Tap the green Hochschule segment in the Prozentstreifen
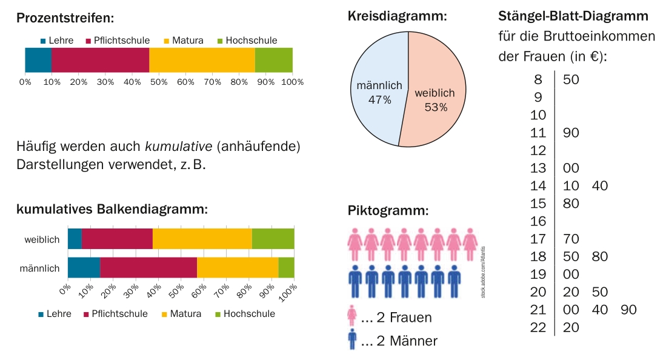click(273, 60)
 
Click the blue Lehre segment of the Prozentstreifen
click(38, 60)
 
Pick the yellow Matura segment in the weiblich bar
click(202, 239)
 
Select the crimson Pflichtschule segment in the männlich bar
click(148, 267)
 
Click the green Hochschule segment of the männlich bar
click(286, 267)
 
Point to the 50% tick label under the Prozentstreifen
click(159, 81)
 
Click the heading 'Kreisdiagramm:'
click(397, 16)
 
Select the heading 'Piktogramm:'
click(388, 211)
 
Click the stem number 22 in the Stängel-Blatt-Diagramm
click(538, 327)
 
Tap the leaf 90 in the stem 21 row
click(628, 310)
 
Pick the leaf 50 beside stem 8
click(571, 79)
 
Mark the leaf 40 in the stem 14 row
click(599, 185)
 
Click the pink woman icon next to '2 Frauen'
click(352, 317)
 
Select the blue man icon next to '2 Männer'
click(352, 340)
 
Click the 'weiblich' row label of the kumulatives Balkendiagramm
click(42, 239)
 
